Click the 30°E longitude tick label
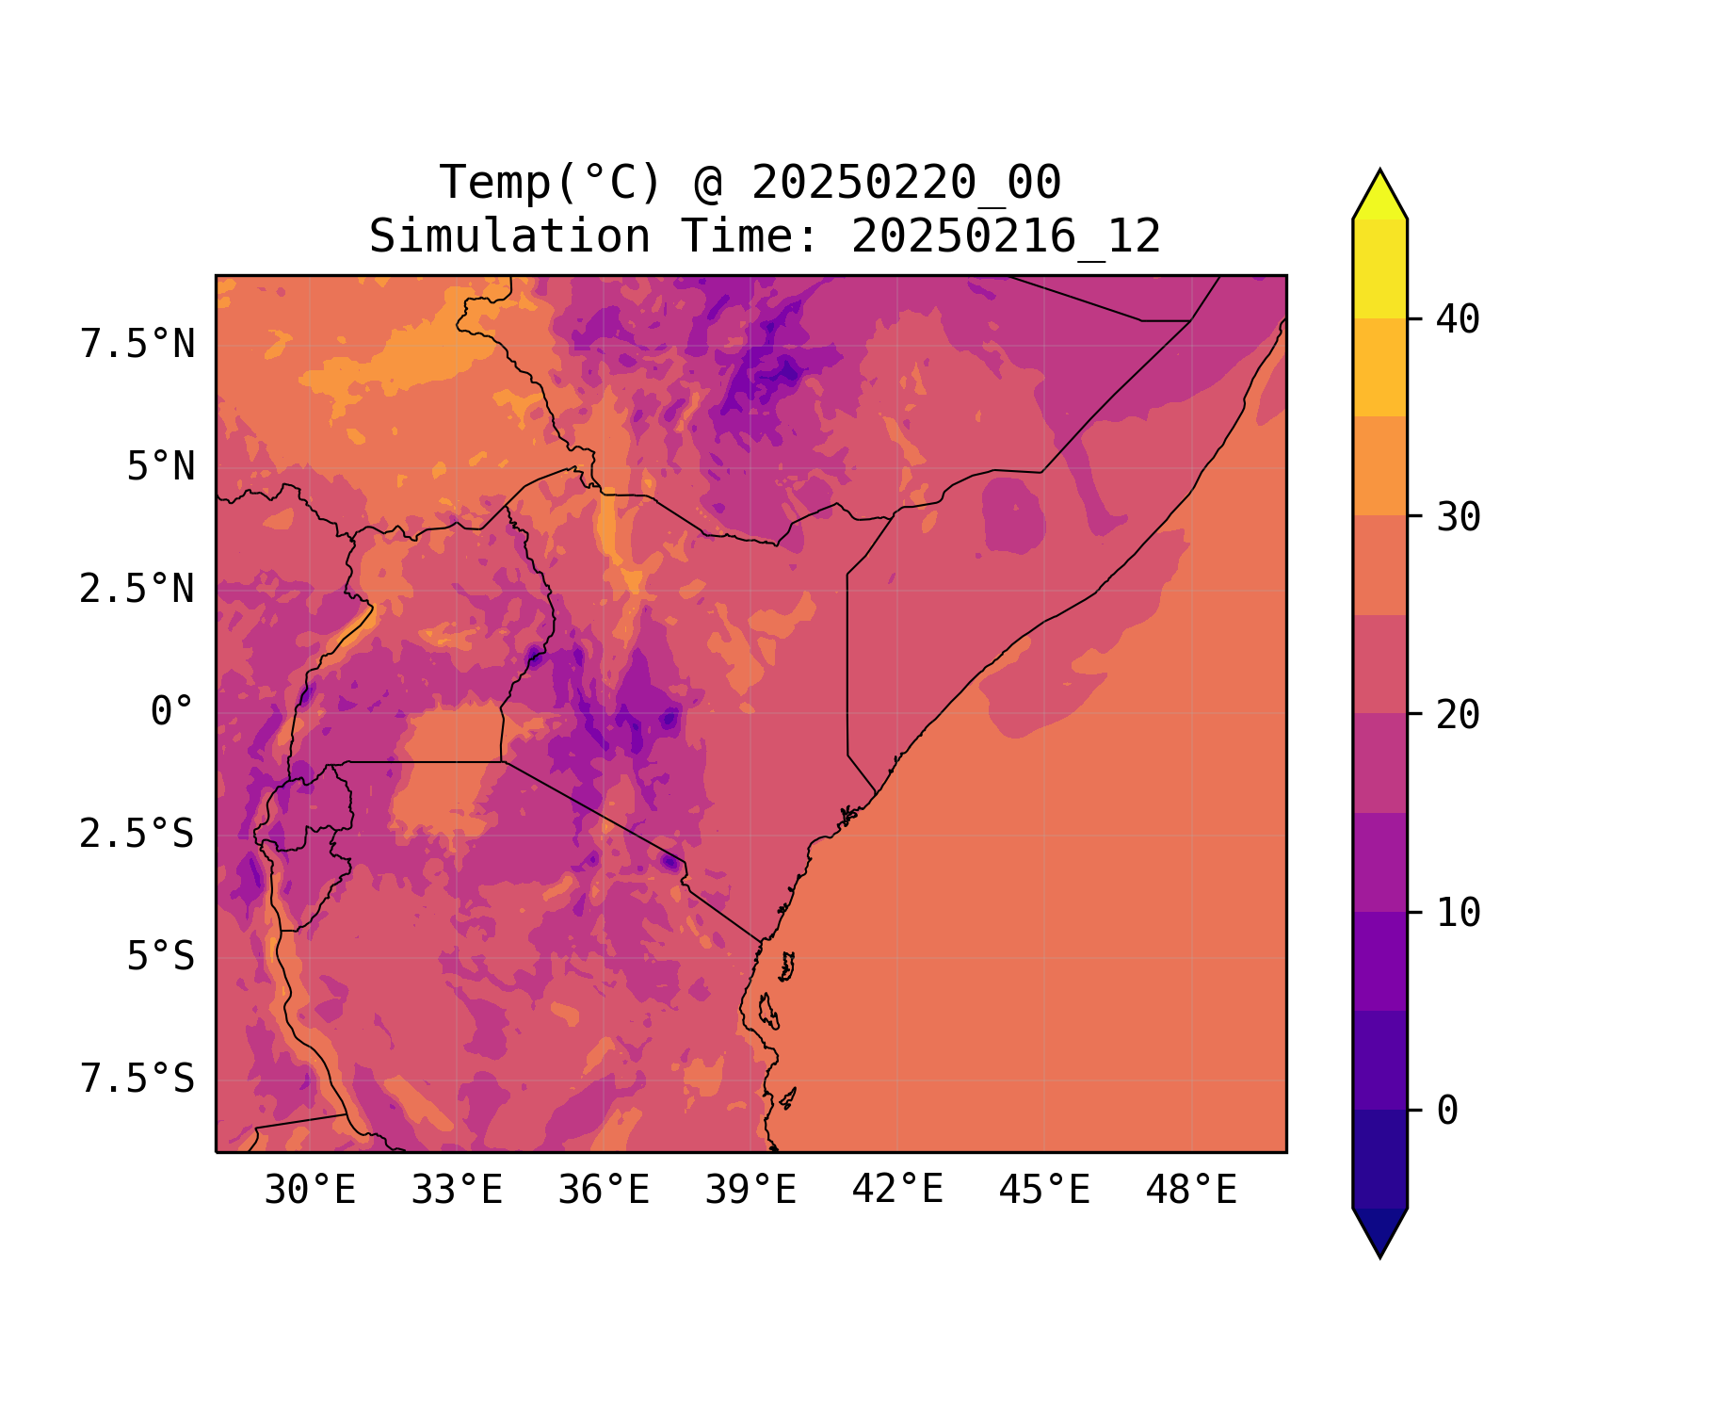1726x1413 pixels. (310, 1191)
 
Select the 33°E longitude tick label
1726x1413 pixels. (457, 1191)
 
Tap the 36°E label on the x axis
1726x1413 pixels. (604, 1191)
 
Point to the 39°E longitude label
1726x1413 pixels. (750, 1191)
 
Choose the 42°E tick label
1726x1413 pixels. (897, 1191)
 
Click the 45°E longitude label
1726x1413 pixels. (1044, 1191)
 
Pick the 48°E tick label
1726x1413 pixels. (1191, 1191)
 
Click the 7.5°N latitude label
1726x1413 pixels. (137, 345)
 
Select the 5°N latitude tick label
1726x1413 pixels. (161, 467)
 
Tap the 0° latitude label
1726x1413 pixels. (172, 712)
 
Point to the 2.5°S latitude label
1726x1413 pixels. (137, 835)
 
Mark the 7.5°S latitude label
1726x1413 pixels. (137, 1080)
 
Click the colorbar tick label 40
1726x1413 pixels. (1458, 319)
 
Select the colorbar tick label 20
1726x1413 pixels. (1458, 715)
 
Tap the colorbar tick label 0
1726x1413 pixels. (1447, 1111)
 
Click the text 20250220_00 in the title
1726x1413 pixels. (906, 183)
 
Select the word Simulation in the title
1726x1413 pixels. (509, 236)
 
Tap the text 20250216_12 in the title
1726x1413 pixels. (1006, 236)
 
